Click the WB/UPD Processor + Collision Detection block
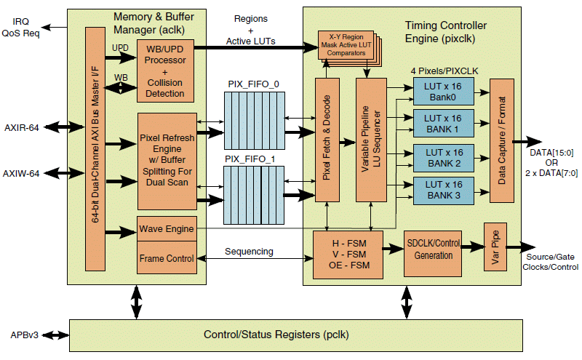166,73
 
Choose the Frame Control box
167,259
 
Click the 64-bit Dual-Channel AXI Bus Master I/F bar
96,156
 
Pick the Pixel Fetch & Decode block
326,138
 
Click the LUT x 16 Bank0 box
444,90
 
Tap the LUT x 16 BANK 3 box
444,190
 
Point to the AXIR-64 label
21,127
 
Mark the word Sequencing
249,252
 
